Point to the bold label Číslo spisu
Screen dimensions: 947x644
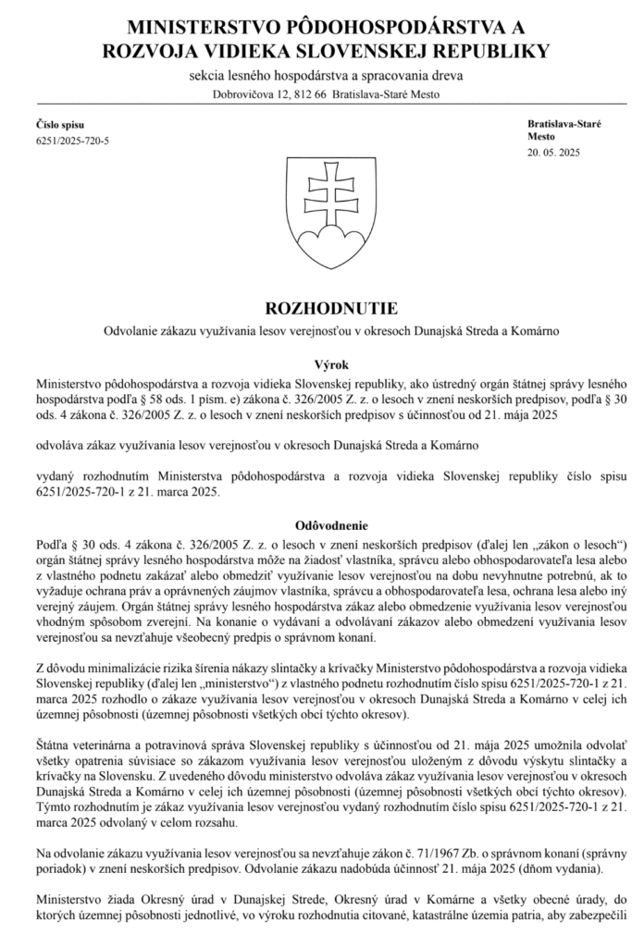point(59,123)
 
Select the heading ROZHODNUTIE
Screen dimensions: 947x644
point(322,306)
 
